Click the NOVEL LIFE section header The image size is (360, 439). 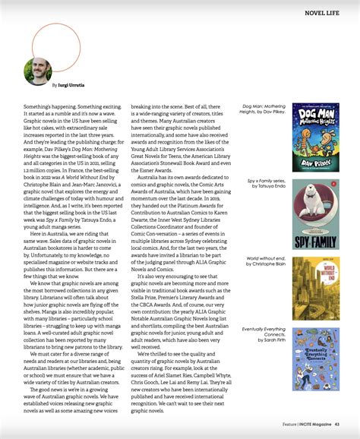(x=322, y=12)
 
